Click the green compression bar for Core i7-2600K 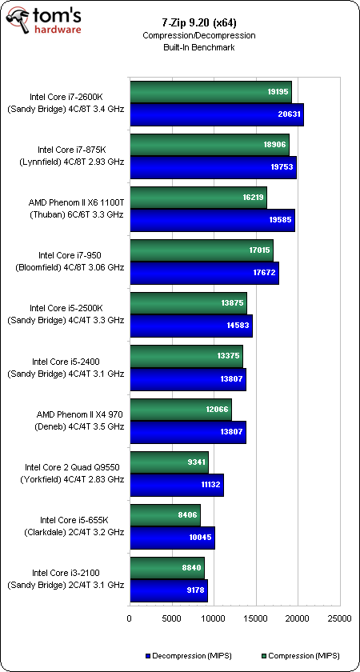210,92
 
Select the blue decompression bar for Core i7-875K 213,167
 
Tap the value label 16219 250,197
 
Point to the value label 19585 280,220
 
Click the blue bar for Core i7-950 205,273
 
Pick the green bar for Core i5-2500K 188,303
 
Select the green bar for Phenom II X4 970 181,410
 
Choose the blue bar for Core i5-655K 172,538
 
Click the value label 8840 191,567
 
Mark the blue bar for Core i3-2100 169,590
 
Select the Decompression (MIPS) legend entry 189,656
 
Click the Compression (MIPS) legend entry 300,656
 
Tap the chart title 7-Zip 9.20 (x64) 198,22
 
